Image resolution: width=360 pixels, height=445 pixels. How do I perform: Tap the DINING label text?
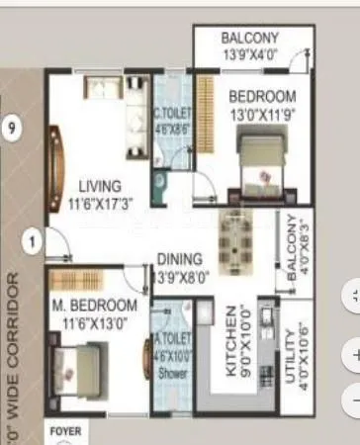pyautogui.click(x=179, y=259)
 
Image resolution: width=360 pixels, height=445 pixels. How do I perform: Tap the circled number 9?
pyautogui.click(x=12, y=129)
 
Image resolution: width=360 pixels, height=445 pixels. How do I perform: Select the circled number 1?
pyautogui.click(x=33, y=239)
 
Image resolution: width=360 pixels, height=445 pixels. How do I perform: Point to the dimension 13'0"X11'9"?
pyautogui.click(x=262, y=114)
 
